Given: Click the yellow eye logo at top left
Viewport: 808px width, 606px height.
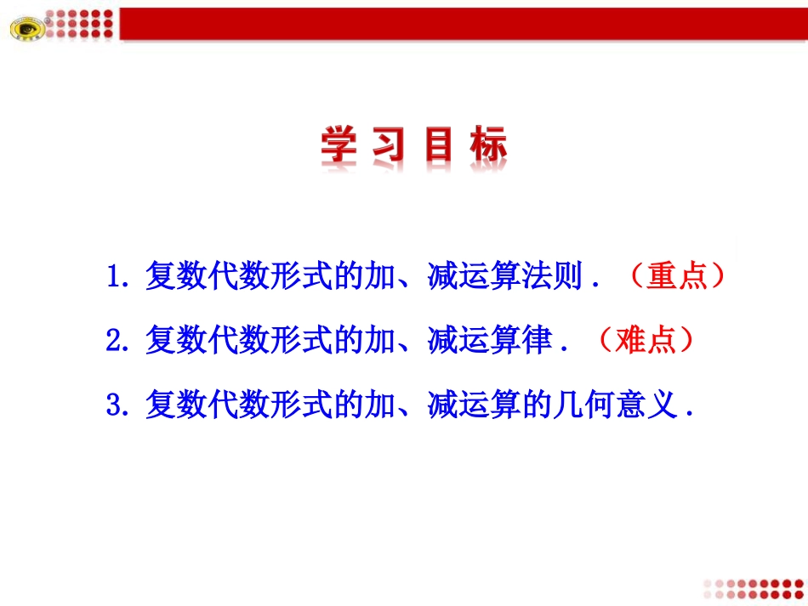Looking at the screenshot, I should point(26,29).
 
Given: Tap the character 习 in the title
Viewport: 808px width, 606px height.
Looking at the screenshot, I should point(391,145).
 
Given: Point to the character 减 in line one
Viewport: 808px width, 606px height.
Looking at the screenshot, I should point(436,277).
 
